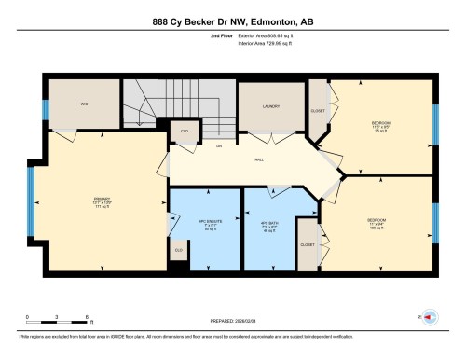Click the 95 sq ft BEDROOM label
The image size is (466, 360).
[380, 126]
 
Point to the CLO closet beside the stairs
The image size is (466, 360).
[185, 132]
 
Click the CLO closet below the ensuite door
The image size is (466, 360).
[178, 249]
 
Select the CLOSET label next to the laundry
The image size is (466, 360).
[318, 109]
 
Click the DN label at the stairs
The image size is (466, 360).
[193, 147]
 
